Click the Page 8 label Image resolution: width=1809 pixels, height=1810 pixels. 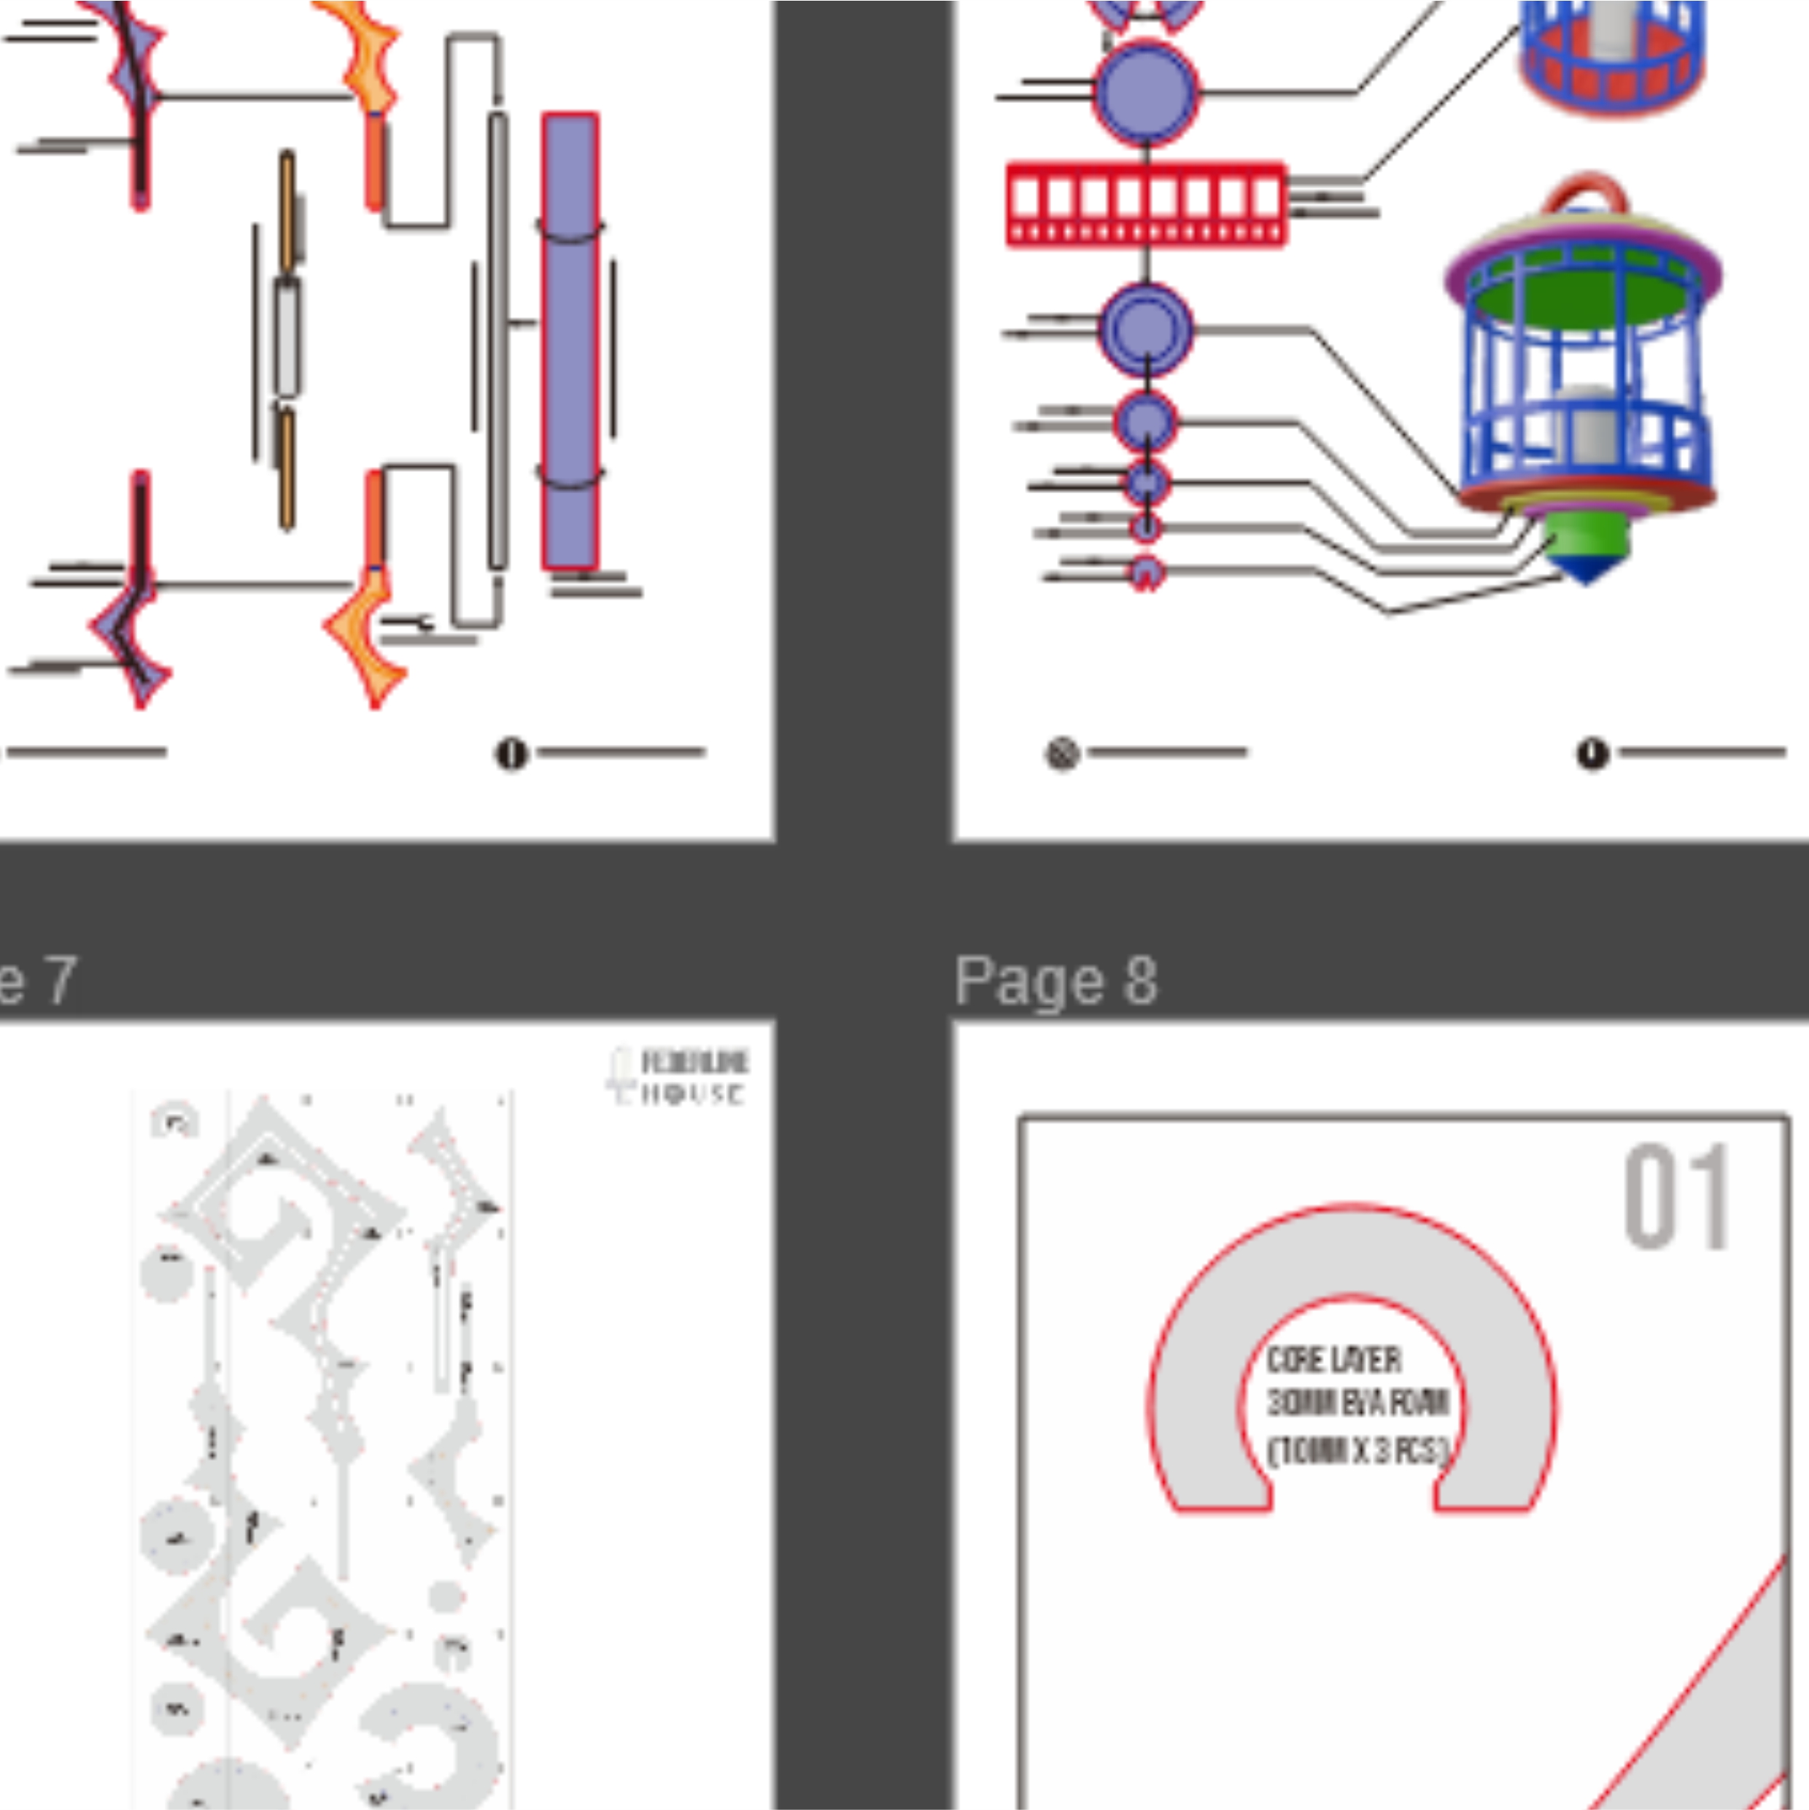(x=1055, y=982)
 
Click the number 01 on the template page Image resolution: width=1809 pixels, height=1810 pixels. (x=1676, y=1197)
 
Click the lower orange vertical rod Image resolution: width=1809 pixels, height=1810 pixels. (x=287, y=468)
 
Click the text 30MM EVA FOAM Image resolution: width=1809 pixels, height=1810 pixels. (x=1357, y=1404)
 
